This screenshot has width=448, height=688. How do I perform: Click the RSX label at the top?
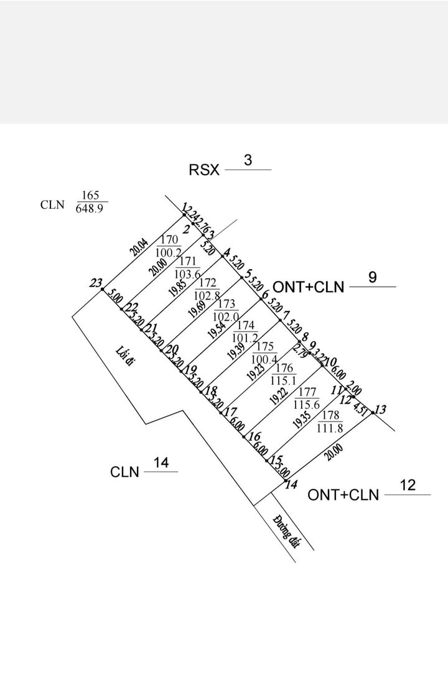[204, 170]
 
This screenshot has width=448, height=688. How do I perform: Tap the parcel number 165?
[91, 195]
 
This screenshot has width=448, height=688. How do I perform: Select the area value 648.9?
[91, 209]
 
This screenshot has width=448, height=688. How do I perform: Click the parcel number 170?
[169, 240]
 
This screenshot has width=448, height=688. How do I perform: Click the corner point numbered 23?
[95, 283]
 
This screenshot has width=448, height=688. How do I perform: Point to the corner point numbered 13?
[381, 410]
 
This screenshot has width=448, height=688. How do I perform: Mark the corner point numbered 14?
[291, 485]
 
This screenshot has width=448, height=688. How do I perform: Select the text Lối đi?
[124, 357]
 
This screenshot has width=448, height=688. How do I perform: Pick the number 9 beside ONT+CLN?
[372, 278]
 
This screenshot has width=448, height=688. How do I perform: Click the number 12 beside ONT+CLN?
[407, 485]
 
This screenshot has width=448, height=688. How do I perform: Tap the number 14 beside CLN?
[161, 463]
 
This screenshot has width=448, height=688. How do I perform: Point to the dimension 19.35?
[302, 419]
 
